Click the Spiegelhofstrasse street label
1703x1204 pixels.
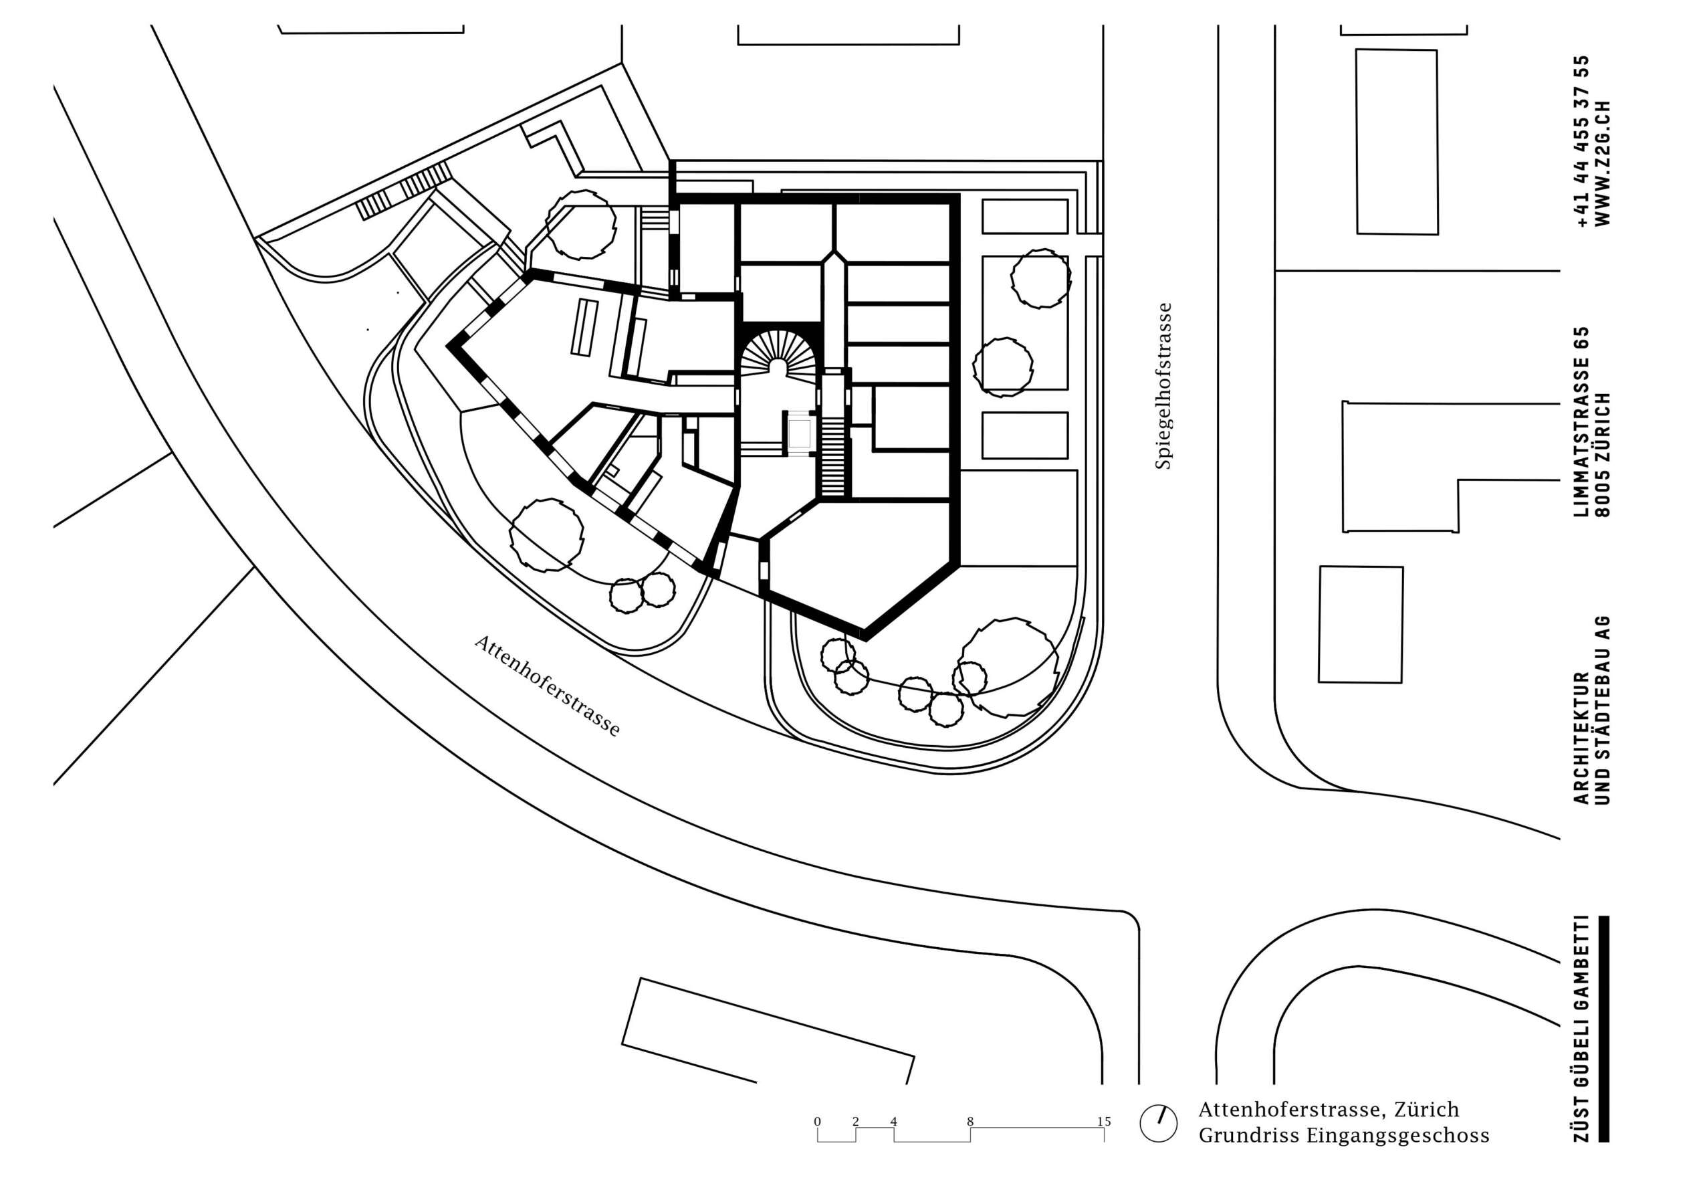coord(1162,386)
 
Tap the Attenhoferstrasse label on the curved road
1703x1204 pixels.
coord(548,686)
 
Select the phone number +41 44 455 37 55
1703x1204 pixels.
coord(1583,141)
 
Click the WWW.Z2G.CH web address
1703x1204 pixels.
coord(1603,163)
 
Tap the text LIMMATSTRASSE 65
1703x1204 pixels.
coord(1583,422)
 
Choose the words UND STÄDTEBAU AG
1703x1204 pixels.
coord(1603,710)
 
